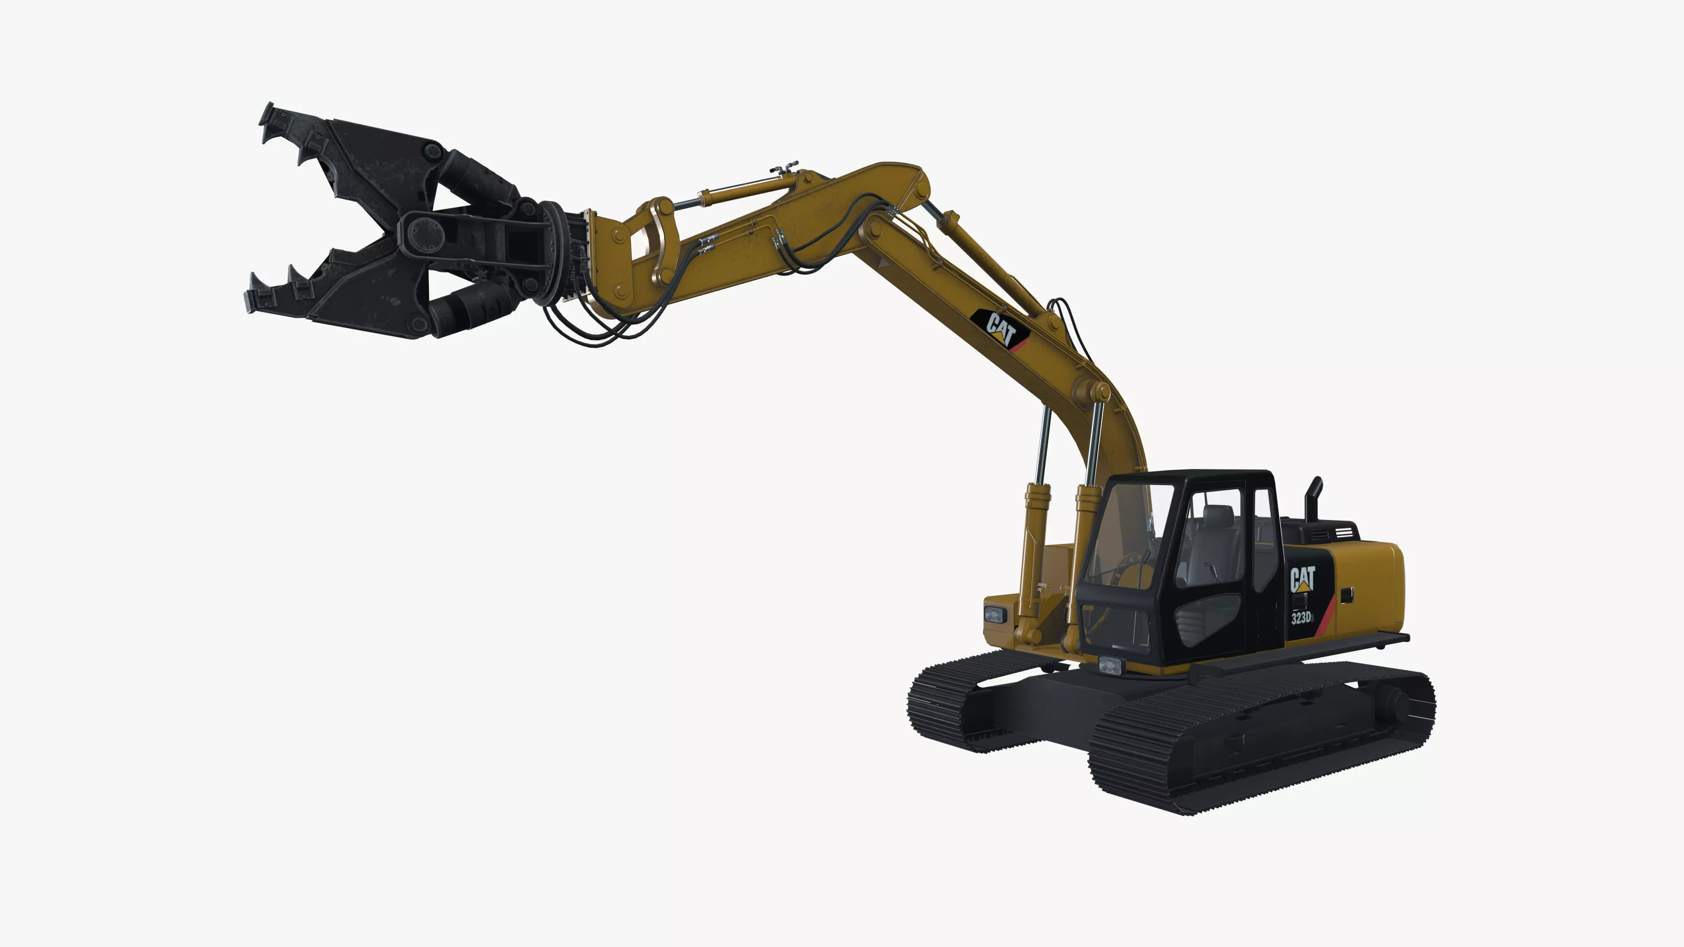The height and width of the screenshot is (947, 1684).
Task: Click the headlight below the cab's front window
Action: point(1110,666)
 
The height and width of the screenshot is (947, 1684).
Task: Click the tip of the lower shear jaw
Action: point(252,302)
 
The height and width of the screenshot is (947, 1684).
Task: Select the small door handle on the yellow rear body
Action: point(1347,595)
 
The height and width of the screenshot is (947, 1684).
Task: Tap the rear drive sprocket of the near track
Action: point(1392,702)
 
